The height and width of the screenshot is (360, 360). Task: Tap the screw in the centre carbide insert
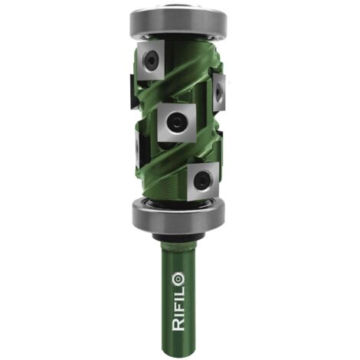176,123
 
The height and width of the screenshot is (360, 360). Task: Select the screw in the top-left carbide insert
151,61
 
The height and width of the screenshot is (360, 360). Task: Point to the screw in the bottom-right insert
201,180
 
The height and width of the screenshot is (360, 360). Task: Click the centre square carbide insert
177,123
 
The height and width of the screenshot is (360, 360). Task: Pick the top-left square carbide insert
151,61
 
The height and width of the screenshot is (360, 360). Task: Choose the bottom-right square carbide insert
203,182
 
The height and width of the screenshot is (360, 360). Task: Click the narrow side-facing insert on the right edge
219,93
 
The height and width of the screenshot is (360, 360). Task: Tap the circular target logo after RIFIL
178,279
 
